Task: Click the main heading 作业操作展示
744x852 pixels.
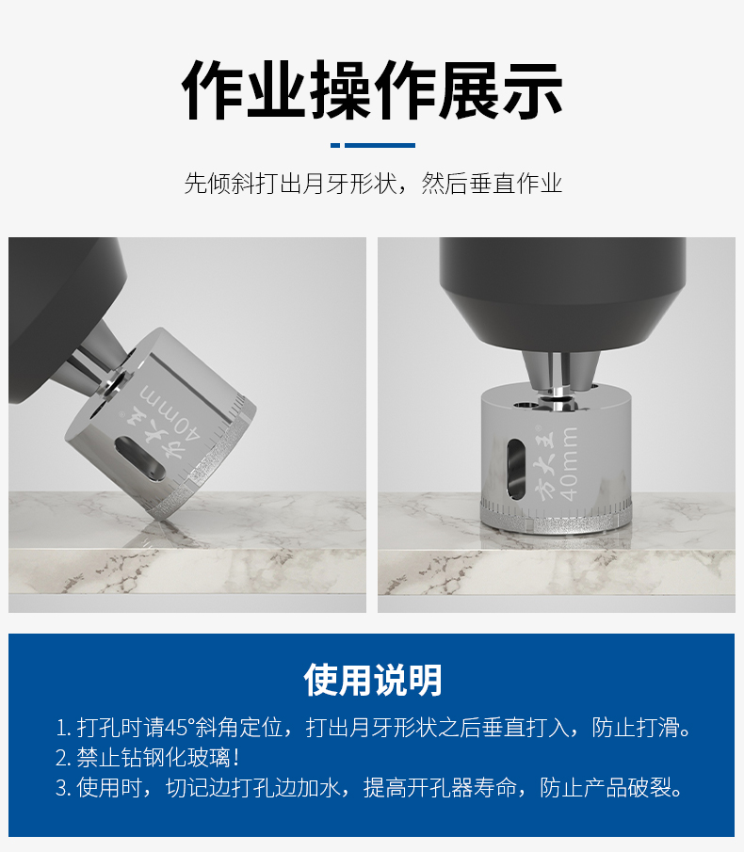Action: coord(372,90)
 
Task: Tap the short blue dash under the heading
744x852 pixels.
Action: coord(335,145)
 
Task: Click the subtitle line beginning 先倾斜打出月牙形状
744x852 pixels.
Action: coord(373,184)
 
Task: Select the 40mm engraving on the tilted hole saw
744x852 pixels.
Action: coord(171,414)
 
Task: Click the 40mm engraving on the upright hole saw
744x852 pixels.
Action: coord(568,463)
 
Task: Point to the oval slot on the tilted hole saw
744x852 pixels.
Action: coord(139,458)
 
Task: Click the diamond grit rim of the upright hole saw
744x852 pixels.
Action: coord(556,519)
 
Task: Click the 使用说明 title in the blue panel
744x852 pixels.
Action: coord(372,680)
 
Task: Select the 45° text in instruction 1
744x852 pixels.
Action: coord(179,728)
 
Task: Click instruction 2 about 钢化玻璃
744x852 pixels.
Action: coord(147,758)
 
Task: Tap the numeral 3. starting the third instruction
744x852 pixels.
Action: coord(63,788)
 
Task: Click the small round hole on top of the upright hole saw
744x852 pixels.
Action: coord(526,405)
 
